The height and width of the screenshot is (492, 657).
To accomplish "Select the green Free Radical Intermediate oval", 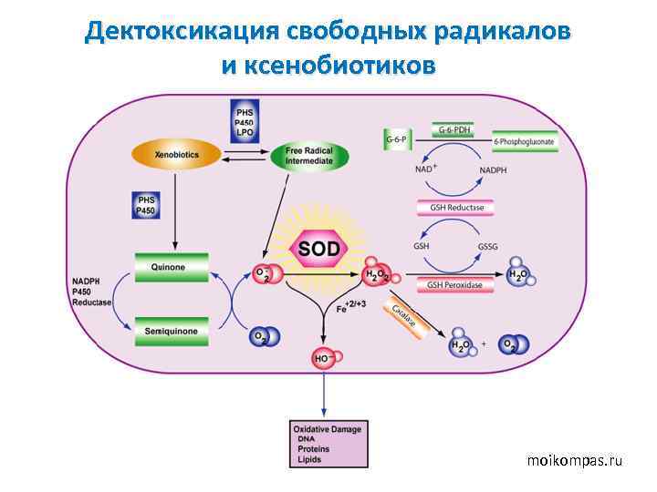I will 309,155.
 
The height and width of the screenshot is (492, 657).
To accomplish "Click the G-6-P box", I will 396,139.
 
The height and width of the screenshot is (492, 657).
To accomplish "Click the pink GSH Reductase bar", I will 455,208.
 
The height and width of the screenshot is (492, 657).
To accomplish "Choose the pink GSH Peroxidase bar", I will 455,285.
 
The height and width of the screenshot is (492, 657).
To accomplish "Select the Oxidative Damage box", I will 326,444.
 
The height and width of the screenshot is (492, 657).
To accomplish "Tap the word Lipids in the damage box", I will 310,460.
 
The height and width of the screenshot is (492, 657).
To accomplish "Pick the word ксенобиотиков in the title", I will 328,67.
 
